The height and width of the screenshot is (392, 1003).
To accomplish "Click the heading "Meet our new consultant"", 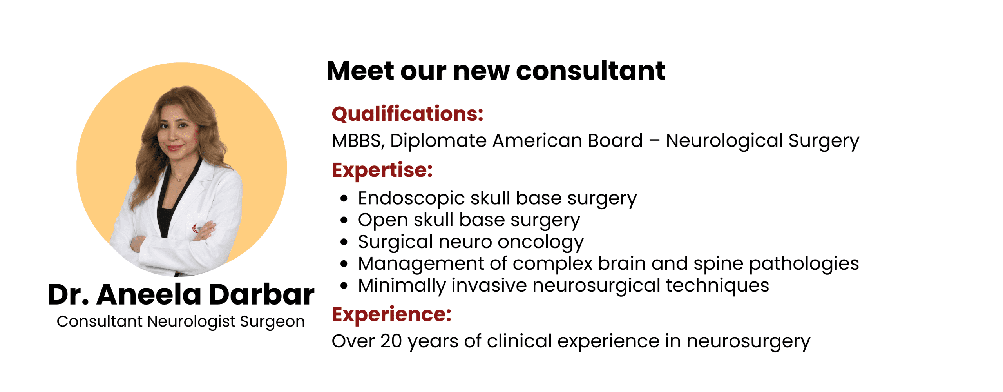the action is coord(496,71).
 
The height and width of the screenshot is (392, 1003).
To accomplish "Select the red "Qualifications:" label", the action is coord(407,114).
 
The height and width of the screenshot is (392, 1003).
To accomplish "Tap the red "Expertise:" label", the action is coord(382,171).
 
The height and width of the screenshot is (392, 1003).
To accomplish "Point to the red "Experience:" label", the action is coord(391,314).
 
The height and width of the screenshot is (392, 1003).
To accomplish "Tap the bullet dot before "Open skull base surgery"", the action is coord(344,220).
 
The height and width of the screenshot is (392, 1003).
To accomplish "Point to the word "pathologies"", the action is coord(804,264).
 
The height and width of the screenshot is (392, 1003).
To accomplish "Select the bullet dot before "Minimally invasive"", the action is coord(344,285).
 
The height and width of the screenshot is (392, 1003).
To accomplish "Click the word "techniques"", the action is coord(717,286).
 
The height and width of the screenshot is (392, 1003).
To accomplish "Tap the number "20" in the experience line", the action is coord(391,341).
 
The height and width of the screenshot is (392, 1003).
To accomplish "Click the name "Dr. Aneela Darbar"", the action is coord(181,294).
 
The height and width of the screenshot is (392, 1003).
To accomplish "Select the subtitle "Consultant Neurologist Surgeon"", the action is coord(181,322).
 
